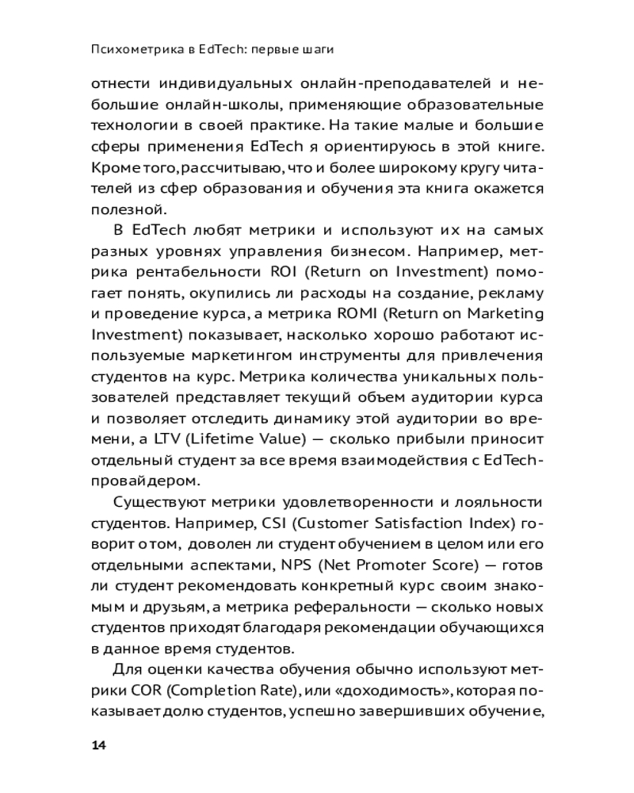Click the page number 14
click(98, 745)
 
